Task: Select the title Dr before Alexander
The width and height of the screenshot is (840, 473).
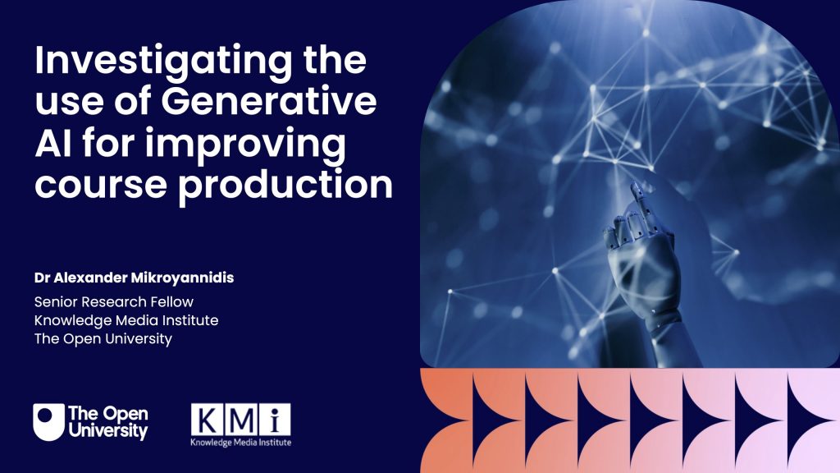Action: coord(42,278)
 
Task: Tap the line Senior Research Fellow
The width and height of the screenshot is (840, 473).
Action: coord(113,301)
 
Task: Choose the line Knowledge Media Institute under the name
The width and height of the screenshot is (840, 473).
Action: coord(126,319)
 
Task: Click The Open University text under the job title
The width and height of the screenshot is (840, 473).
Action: coord(103,338)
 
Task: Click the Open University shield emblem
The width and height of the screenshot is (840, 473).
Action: coord(48,421)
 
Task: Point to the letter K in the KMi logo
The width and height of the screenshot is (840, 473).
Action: coord(208,420)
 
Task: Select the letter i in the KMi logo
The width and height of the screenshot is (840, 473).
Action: coord(275,420)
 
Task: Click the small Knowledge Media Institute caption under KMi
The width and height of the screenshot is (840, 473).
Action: coord(240,442)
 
